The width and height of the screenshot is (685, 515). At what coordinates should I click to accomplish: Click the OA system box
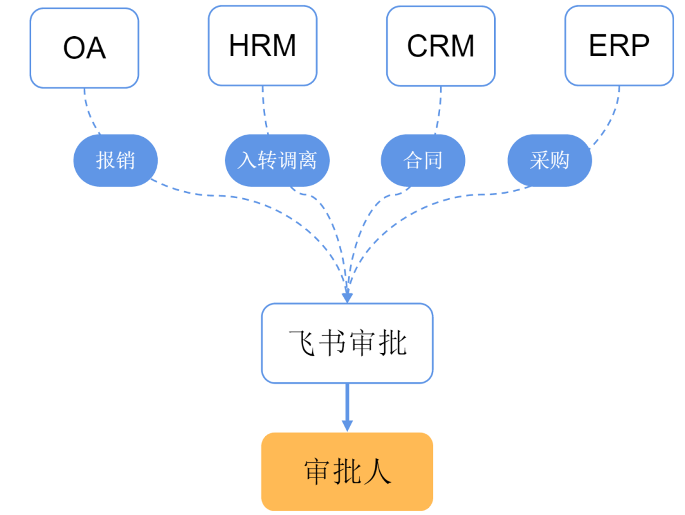coord(84,48)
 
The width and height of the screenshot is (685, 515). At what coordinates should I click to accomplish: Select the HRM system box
coord(263,46)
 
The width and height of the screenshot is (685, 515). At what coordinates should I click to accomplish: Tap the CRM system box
coord(441,46)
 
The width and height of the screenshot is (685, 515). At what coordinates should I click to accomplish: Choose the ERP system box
coord(619,46)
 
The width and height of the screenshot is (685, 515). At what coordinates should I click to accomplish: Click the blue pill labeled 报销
coord(115,161)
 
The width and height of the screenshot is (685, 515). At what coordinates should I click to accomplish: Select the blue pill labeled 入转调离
coord(277,161)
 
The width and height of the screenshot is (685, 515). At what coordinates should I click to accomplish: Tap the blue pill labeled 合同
coord(423,161)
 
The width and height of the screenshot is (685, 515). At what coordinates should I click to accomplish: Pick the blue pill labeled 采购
coord(550,161)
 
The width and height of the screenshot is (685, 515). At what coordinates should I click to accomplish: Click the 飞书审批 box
coord(347,344)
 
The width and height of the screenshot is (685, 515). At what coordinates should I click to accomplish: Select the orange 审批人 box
coord(347,472)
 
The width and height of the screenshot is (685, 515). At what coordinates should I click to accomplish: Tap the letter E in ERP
coord(597,46)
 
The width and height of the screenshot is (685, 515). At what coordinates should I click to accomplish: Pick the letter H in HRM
coord(240,46)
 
